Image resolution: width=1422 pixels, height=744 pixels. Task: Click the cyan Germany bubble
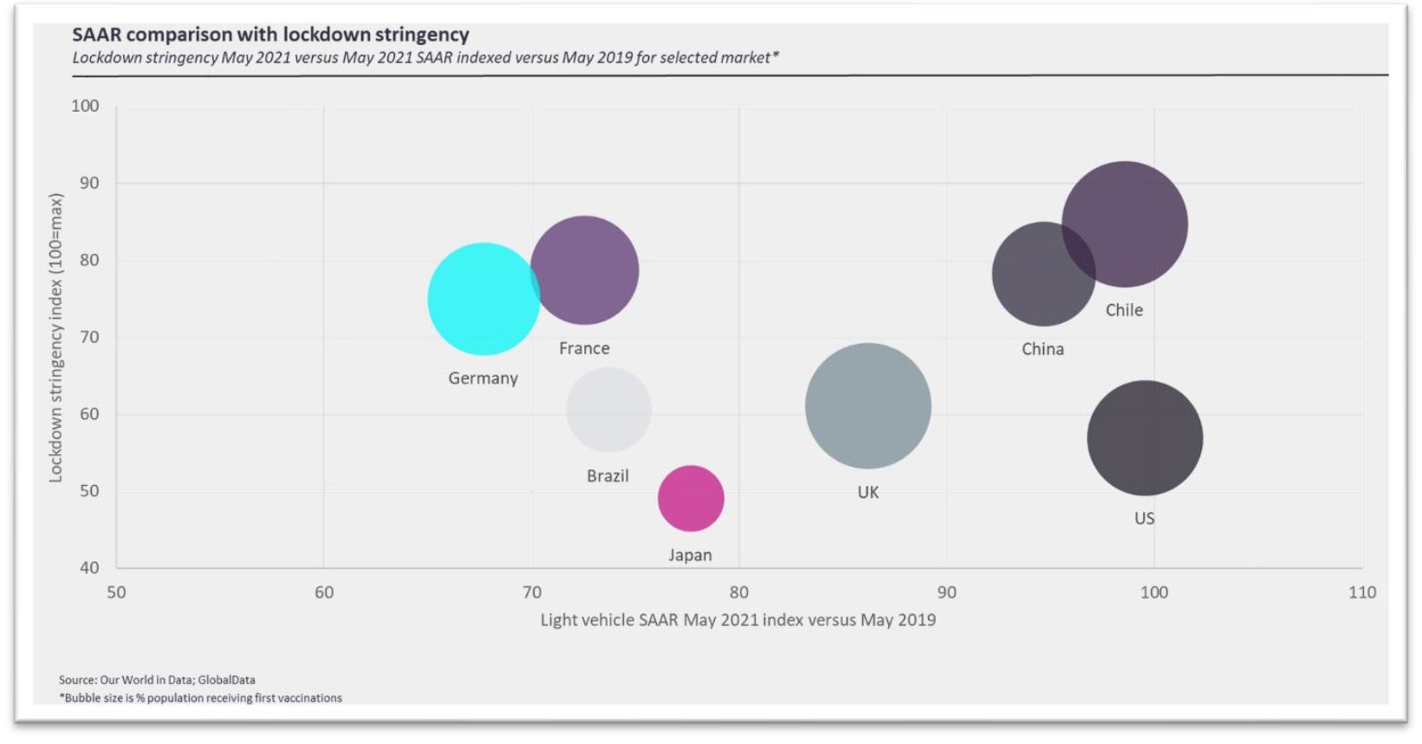[483, 299]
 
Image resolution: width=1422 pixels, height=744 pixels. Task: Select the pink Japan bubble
[691, 498]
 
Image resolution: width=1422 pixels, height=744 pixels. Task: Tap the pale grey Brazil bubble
[608, 410]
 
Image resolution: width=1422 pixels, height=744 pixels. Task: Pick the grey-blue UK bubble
[867, 405]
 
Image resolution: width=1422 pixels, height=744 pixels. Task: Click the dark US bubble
[1145, 438]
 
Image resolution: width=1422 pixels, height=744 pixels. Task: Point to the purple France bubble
[585, 270]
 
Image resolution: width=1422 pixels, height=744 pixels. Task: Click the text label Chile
[1124, 310]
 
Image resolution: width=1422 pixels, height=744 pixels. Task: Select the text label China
[1042, 349]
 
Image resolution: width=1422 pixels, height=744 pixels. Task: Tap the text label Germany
[483, 378]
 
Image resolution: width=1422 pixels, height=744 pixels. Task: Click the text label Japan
[690, 555]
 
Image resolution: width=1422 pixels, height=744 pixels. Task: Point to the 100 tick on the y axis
[85, 106]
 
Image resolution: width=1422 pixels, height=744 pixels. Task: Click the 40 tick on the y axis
[88, 568]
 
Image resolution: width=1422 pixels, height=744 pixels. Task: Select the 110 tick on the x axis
[1361, 592]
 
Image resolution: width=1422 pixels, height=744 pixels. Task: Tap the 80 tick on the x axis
[738, 592]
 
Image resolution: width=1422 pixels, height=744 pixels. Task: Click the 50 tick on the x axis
[116, 592]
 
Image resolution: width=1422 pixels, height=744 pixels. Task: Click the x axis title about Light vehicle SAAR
[737, 620]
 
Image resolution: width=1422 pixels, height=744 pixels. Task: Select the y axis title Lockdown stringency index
[56, 338]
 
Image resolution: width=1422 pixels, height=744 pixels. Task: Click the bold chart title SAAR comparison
[270, 35]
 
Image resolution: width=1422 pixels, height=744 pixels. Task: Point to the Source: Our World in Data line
[157, 680]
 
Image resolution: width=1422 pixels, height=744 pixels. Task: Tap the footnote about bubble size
[200, 698]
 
